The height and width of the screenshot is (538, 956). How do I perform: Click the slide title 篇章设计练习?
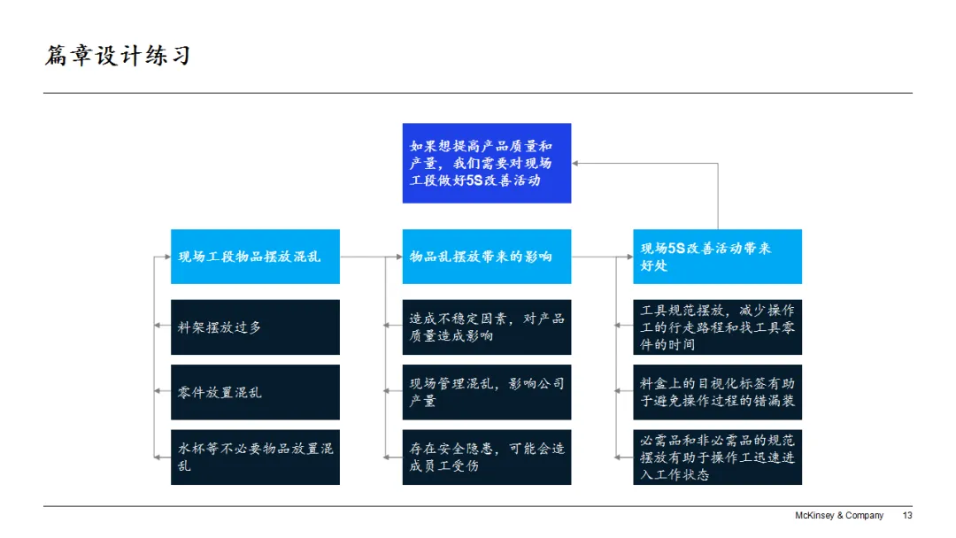tap(118, 57)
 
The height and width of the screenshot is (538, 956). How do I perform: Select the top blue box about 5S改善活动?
tap(486, 163)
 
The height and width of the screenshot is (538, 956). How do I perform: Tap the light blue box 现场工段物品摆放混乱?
tap(255, 257)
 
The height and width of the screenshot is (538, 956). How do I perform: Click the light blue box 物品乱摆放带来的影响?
tap(486, 257)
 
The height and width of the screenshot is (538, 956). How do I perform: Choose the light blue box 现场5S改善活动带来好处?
tap(717, 257)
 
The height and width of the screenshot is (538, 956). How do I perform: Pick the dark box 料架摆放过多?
tap(255, 327)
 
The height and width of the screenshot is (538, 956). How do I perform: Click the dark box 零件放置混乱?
tap(255, 392)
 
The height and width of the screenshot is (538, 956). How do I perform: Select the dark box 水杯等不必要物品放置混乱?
tap(255, 457)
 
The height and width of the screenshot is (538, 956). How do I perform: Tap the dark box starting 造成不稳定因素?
tap(486, 327)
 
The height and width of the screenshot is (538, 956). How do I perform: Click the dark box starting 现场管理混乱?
tap(486, 392)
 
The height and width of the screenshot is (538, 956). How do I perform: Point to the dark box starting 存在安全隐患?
tap(486, 457)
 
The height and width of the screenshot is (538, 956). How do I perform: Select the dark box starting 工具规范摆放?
tap(717, 327)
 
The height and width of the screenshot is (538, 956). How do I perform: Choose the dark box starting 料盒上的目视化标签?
tap(717, 392)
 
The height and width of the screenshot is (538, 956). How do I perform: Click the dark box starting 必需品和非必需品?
tap(717, 457)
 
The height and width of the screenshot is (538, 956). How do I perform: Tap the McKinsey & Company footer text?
tap(838, 516)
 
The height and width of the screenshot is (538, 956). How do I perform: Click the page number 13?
tap(906, 516)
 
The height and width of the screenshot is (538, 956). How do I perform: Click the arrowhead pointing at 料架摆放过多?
tap(158, 327)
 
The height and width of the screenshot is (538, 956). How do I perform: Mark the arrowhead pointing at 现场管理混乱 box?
tap(388, 390)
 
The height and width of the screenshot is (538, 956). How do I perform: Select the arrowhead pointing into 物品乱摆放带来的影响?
tap(397, 257)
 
